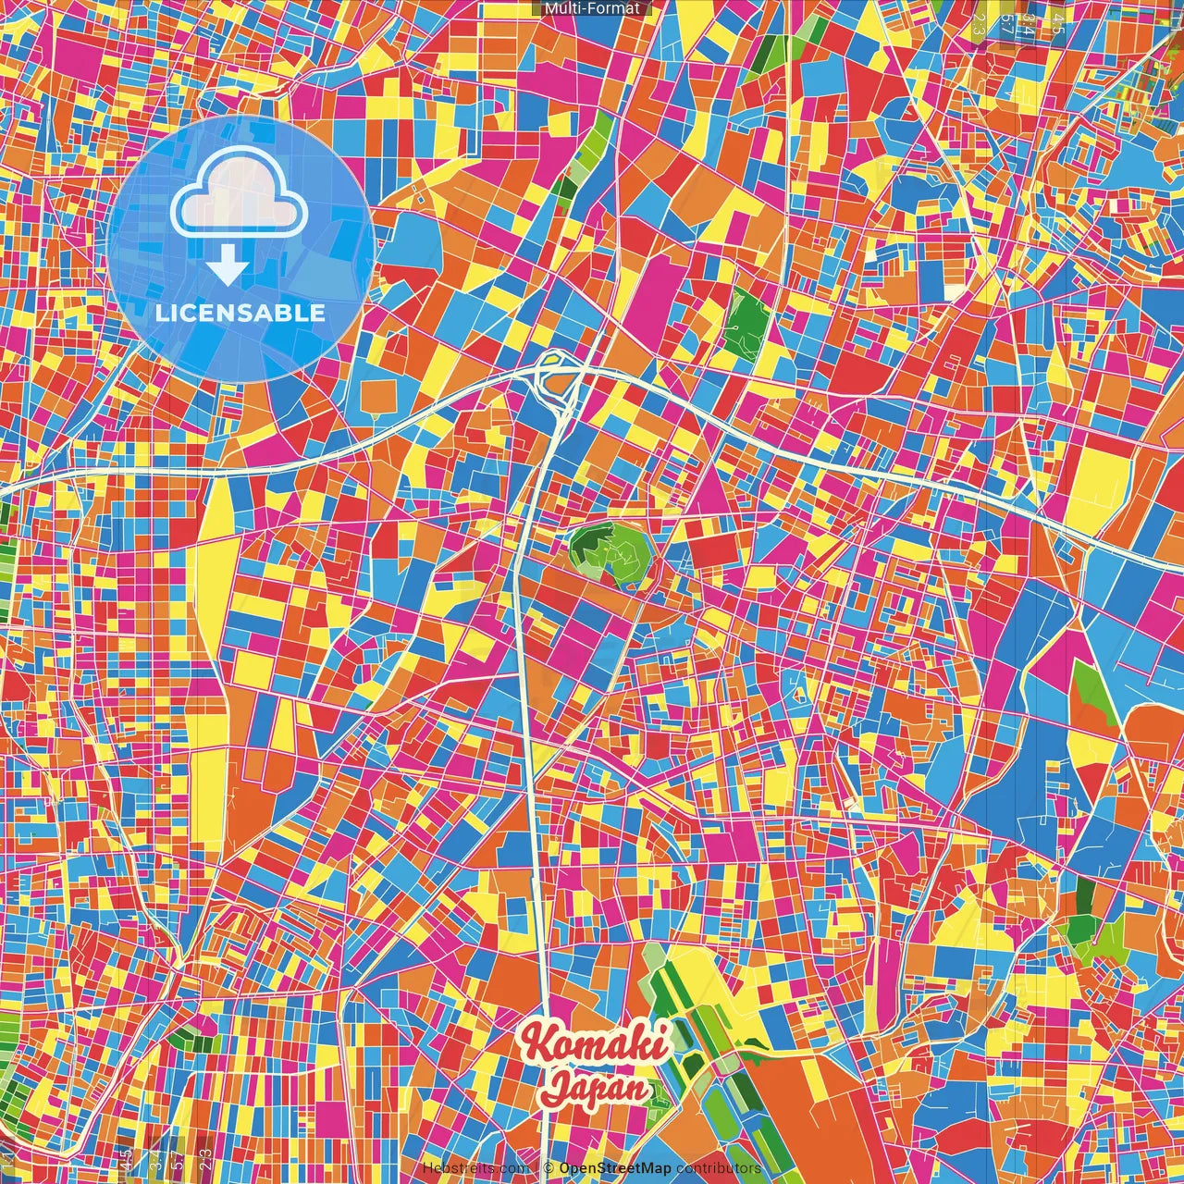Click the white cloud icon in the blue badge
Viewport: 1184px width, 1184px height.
(x=240, y=195)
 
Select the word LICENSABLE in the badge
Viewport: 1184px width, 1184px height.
(x=240, y=313)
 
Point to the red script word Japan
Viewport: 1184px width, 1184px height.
(x=596, y=1086)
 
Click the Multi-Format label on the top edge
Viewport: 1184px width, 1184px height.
(x=592, y=8)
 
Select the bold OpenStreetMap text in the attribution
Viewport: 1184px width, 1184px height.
(x=615, y=1168)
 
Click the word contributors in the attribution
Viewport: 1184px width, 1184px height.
(x=719, y=1168)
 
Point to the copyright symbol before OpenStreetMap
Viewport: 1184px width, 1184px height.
(x=548, y=1168)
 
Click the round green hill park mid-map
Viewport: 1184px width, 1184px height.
(x=611, y=552)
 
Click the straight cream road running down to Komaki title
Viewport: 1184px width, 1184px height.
(x=534, y=832)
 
